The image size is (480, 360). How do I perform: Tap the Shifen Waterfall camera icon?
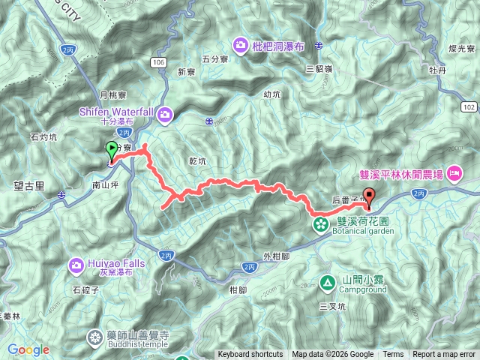165,115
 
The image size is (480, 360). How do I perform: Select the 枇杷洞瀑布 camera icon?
241,45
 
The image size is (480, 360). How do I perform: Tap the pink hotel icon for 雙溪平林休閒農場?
454,174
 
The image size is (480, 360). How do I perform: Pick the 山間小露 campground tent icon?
328,283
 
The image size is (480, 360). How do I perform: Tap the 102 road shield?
469,107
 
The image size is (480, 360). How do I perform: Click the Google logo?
28,349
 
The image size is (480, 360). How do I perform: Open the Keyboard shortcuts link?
250,355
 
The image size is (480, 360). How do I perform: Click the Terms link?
393,355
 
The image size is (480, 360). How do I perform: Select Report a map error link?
445,355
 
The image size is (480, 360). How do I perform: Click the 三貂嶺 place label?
320,68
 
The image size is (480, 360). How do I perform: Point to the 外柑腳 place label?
276,254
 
